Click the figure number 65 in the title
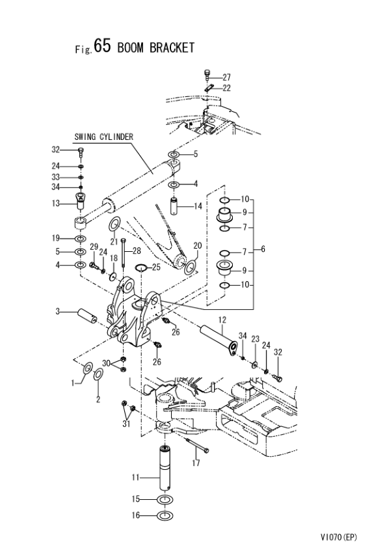102,46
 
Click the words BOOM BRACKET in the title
156,48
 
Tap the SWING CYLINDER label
103,137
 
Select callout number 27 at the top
227,77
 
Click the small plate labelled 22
209,88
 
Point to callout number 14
198,206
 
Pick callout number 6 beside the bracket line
263,249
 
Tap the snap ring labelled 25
141,267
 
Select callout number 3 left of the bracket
58,310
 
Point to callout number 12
222,320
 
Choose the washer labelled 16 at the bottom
165,515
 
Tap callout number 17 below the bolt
196,463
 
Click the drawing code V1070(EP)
338,537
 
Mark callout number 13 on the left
56,203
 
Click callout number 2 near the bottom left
98,399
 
